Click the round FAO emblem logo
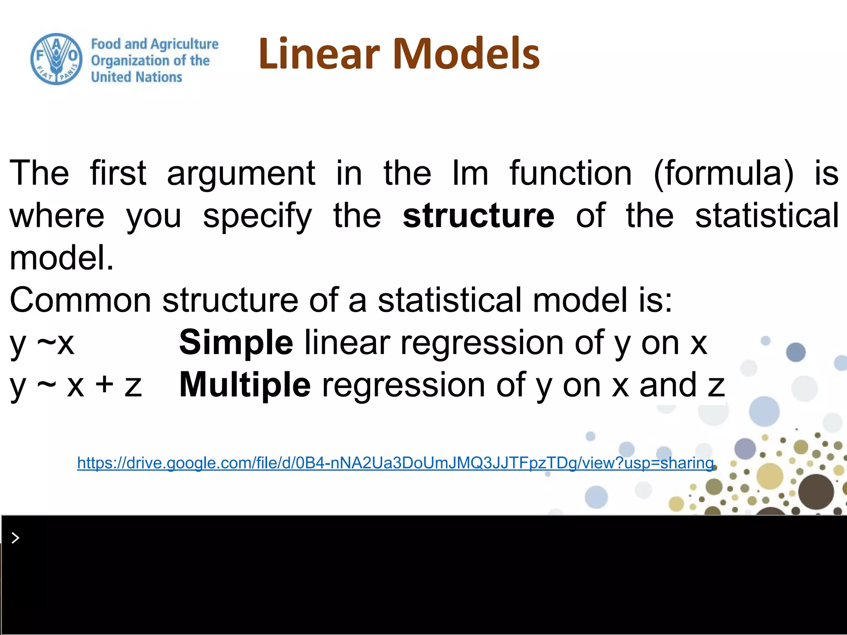pyautogui.click(x=57, y=59)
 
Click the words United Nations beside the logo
pyautogui.click(x=136, y=77)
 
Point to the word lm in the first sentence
pyautogui.click(x=470, y=173)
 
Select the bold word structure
pyautogui.click(x=479, y=216)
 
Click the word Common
pyautogui.click(x=80, y=300)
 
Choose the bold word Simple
pyautogui.click(x=236, y=343)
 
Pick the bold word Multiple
pyautogui.click(x=245, y=385)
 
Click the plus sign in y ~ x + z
pyautogui.click(x=104, y=384)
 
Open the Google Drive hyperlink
pyautogui.click(x=395, y=463)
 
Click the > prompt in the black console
pyautogui.click(x=15, y=538)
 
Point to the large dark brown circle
pyautogui.click(x=816, y=492)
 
